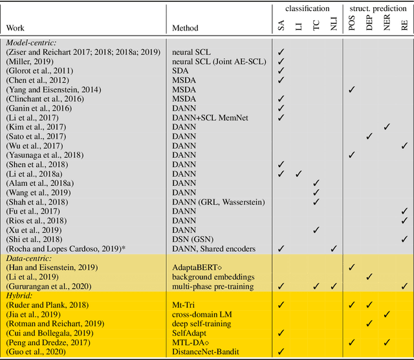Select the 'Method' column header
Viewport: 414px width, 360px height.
pyautogui.click(x=185, y=28)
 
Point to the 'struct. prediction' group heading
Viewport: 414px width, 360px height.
pyautogui.click(x=378, y=8)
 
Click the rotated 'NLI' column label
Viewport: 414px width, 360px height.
pyautogui.click(x=334, y=25)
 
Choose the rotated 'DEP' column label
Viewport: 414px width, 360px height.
pyautogui.click(x=369, y=25)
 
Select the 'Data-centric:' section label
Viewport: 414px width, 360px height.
pyautogui.click(x=29, y=257)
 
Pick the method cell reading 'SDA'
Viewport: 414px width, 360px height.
pyautogui.click(x=181, y=70)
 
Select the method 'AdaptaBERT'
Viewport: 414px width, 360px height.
pyautogui.click(x=198, y=267)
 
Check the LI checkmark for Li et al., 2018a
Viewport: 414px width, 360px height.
pyautogui.click(x=299, y=174)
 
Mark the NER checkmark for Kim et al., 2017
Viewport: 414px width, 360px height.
pyautogui.click(x=387, y=127)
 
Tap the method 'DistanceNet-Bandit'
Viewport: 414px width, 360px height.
pyautogui.click(x=204, y=352)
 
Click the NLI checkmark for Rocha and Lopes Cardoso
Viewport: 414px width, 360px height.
pyautogui.click(x=334, y=248)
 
